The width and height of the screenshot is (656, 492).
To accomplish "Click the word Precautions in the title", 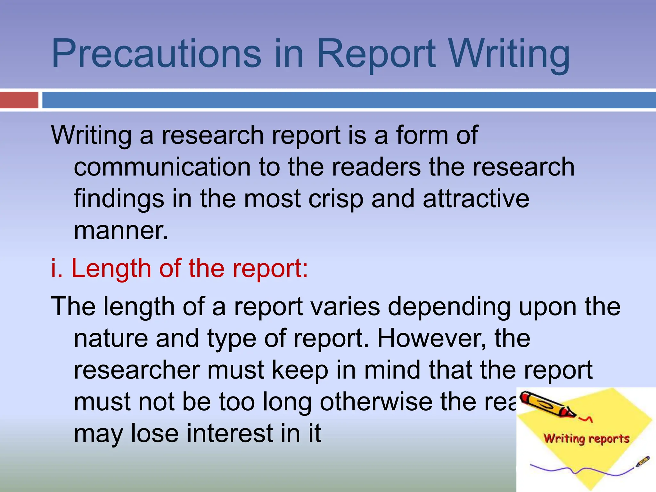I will click(x=156, y=53).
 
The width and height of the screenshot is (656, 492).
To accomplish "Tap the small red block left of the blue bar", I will click(x=19, y=100).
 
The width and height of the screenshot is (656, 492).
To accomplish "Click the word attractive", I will click(x=476, y=199).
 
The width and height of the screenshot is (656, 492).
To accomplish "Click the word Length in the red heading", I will click(x=111, y=268).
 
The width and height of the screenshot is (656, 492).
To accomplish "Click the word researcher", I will click(x=137, y=370).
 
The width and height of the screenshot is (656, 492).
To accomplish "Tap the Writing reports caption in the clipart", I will click(x=586, y=439).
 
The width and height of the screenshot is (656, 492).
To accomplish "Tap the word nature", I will click(x=111, y=339).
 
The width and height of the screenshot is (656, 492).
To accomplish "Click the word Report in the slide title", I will click(x=376, y=53).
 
